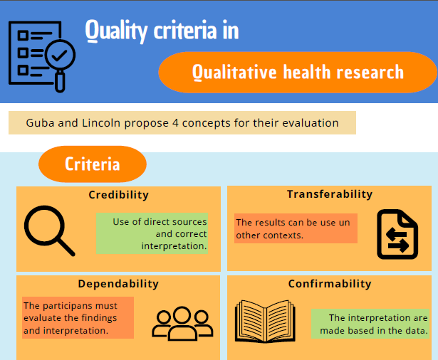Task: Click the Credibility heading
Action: coord(118,195)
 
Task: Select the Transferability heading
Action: coord(330,194)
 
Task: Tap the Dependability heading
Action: coord(118,284)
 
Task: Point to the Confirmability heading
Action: coord(330,284)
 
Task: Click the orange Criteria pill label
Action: coord(93,164)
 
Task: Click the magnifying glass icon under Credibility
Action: coord(49,231)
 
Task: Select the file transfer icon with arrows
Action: coord(397,234)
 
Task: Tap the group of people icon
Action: coord(182,324)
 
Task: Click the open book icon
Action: coord(265,321)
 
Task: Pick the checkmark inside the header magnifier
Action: coord(60,55)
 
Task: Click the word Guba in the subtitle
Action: coord(40,123)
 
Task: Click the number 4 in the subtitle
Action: coord(175,123)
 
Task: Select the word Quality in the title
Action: coord(116,31)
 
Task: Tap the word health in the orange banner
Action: coord(307,72)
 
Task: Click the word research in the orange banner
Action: coord(370,73)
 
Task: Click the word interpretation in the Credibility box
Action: coord(174,246)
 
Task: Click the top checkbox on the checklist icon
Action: coord(23,36)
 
